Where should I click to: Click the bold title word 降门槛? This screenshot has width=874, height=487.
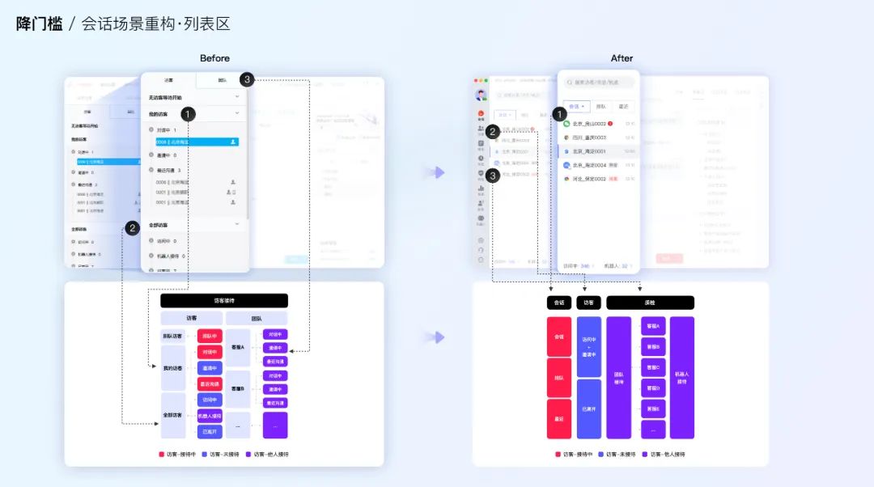click(x=39, y=24)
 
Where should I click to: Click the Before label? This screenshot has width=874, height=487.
click(x=214, y=58)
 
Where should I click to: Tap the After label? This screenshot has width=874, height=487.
click(x=622, y=58)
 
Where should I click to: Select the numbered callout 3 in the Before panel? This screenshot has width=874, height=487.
click(x=247, y=79)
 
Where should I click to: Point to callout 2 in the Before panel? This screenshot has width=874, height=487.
click(x=132, y=228)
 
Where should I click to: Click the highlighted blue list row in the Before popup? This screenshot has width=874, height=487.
click(x=197, y=142)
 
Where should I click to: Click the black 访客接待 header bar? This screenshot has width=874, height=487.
click(x=224, y=300)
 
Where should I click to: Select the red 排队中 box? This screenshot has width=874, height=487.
click(x=209, y=336)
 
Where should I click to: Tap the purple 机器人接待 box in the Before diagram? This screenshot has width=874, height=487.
click(x=209, y=416)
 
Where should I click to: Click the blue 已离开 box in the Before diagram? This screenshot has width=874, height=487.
click(x=209, y=431)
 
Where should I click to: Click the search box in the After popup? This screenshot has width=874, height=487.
click(x=599, y=83)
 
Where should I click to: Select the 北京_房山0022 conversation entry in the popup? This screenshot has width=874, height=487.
click(x=589, y=124)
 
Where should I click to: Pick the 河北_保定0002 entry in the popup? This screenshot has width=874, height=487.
click(x=589, y=179)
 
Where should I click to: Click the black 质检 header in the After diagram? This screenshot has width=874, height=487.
click(x=650, y=303)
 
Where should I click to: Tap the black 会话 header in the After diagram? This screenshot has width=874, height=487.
click(x=559, y=303)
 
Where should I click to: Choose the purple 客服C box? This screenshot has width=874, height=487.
click(x=653, y=367)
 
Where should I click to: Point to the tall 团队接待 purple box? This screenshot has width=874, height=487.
click(x=618, y=377)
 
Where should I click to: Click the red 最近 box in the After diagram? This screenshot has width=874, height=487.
click(x=559, y=418)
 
